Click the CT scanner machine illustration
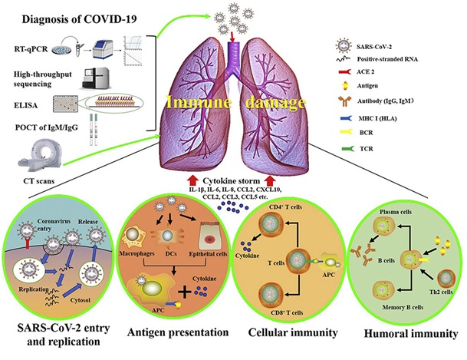click(40, 156)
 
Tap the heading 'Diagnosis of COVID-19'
click(79, 19)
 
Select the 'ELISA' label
click(26, 105)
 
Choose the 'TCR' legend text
click(367, 148)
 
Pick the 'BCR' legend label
click(366, 133)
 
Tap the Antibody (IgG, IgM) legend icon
click(344, 101)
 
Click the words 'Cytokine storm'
click(231, 181)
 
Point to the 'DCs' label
click(171, 253)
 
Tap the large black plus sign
click(185, 292)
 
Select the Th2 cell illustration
click(446, 279)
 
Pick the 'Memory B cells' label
click(403, 307)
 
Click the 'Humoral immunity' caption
click(411, 333)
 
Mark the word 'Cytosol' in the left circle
click(80, 300)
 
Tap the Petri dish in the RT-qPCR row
click(62, 49)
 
